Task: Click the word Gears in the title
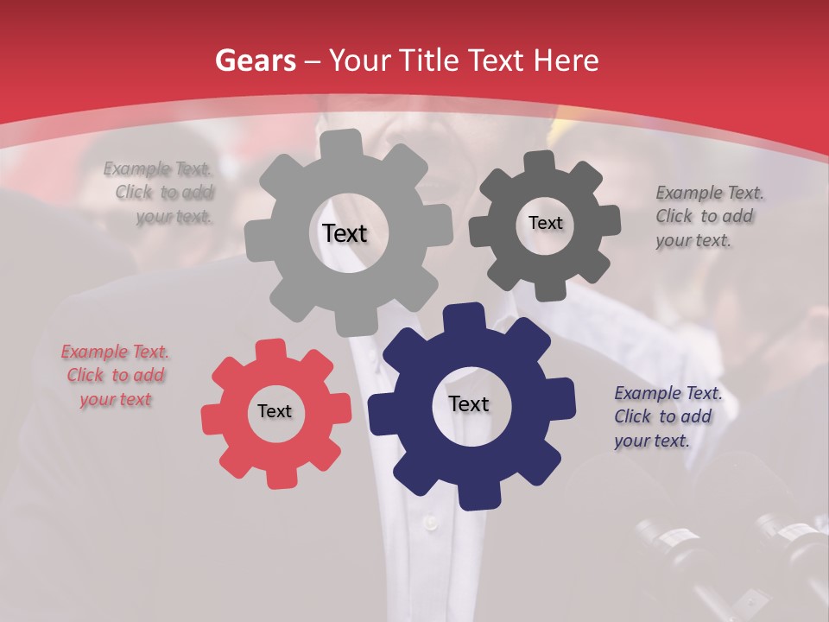point(255,60)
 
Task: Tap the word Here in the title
point(566,60)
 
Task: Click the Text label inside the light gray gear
point(345,233)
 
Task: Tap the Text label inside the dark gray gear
point(545,223)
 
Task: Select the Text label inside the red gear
point(275,411)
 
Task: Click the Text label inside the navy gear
point(468,403)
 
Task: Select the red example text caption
point(115,375)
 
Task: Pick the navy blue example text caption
point(667,416)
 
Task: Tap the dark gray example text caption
point(707,216)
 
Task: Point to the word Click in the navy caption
point(632,416)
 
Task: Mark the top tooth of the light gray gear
point(341,142)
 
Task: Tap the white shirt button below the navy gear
point(429,523)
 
